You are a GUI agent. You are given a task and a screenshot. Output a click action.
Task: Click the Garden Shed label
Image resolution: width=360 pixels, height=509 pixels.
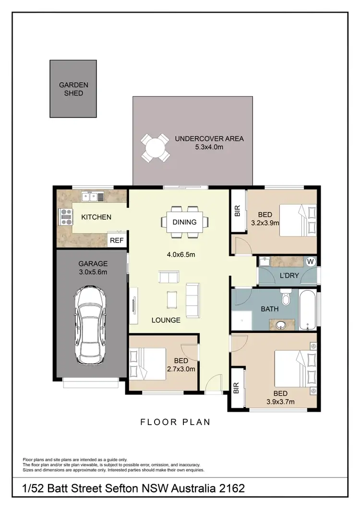pyautogui.click(x=73, y=89)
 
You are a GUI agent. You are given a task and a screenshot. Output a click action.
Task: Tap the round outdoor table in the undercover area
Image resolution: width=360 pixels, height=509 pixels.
pyautogui.click(x=155, y=148)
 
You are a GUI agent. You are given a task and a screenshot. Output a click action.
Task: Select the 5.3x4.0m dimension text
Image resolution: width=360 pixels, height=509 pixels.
pyautogui.click(x=209, y=147)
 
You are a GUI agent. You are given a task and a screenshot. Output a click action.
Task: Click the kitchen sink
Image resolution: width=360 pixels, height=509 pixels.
pyautogui.click(x=90, y=196)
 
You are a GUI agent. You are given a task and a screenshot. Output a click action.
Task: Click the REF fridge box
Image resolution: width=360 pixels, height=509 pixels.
pyautogui.click(x=117, y=240)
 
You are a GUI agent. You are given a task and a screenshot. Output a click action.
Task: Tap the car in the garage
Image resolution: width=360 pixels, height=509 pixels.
pyautogui.click(x=90, y=325)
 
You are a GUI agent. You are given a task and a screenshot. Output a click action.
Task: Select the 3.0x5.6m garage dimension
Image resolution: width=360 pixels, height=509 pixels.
pyautogui.click(x=93, y=272)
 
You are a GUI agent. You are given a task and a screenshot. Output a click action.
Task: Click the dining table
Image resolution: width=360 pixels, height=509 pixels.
pyautogui.click(x=185, y=222)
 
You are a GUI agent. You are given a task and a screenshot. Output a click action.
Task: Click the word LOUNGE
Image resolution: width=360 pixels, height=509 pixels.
pyautogui.click(x=165, y=320)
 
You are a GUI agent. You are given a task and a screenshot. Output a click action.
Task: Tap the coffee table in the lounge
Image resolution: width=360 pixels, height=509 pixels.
pyautogui.click(x=172, y=299)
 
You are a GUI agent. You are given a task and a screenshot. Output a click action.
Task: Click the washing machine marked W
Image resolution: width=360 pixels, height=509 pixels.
pyautogui.click(x=310, y=261)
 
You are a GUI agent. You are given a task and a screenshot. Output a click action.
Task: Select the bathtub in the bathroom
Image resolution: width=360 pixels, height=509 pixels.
pyautogui.click(x=306, y=309)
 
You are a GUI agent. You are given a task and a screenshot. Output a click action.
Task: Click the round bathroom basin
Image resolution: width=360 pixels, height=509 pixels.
pyautogui.click(x=282, y=325)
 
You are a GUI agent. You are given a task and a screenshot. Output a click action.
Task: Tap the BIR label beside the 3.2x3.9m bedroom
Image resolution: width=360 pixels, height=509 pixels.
pyautogui.click(x=237, y=211)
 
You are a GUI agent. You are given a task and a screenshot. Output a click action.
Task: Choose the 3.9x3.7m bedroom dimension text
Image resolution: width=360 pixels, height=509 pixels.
pyautogui.click(x=280, y=402)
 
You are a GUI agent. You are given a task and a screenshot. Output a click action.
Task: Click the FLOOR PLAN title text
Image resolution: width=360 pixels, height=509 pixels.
pyautogui.click(x=175, y=422)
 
